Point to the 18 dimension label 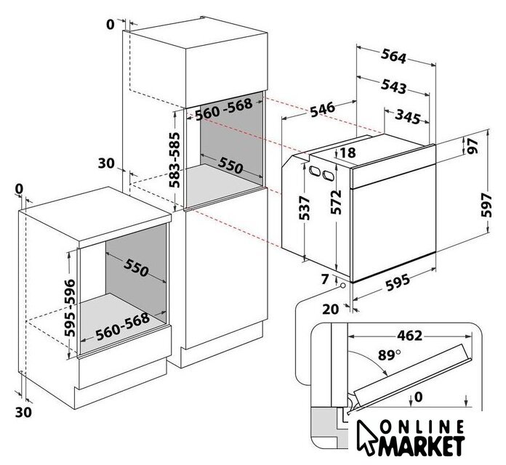(x=347, y=153)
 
